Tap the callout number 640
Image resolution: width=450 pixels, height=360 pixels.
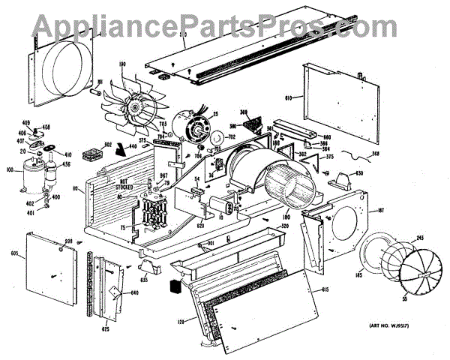tap(135, 293)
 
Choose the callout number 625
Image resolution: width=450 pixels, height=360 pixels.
tap(106, 329)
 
